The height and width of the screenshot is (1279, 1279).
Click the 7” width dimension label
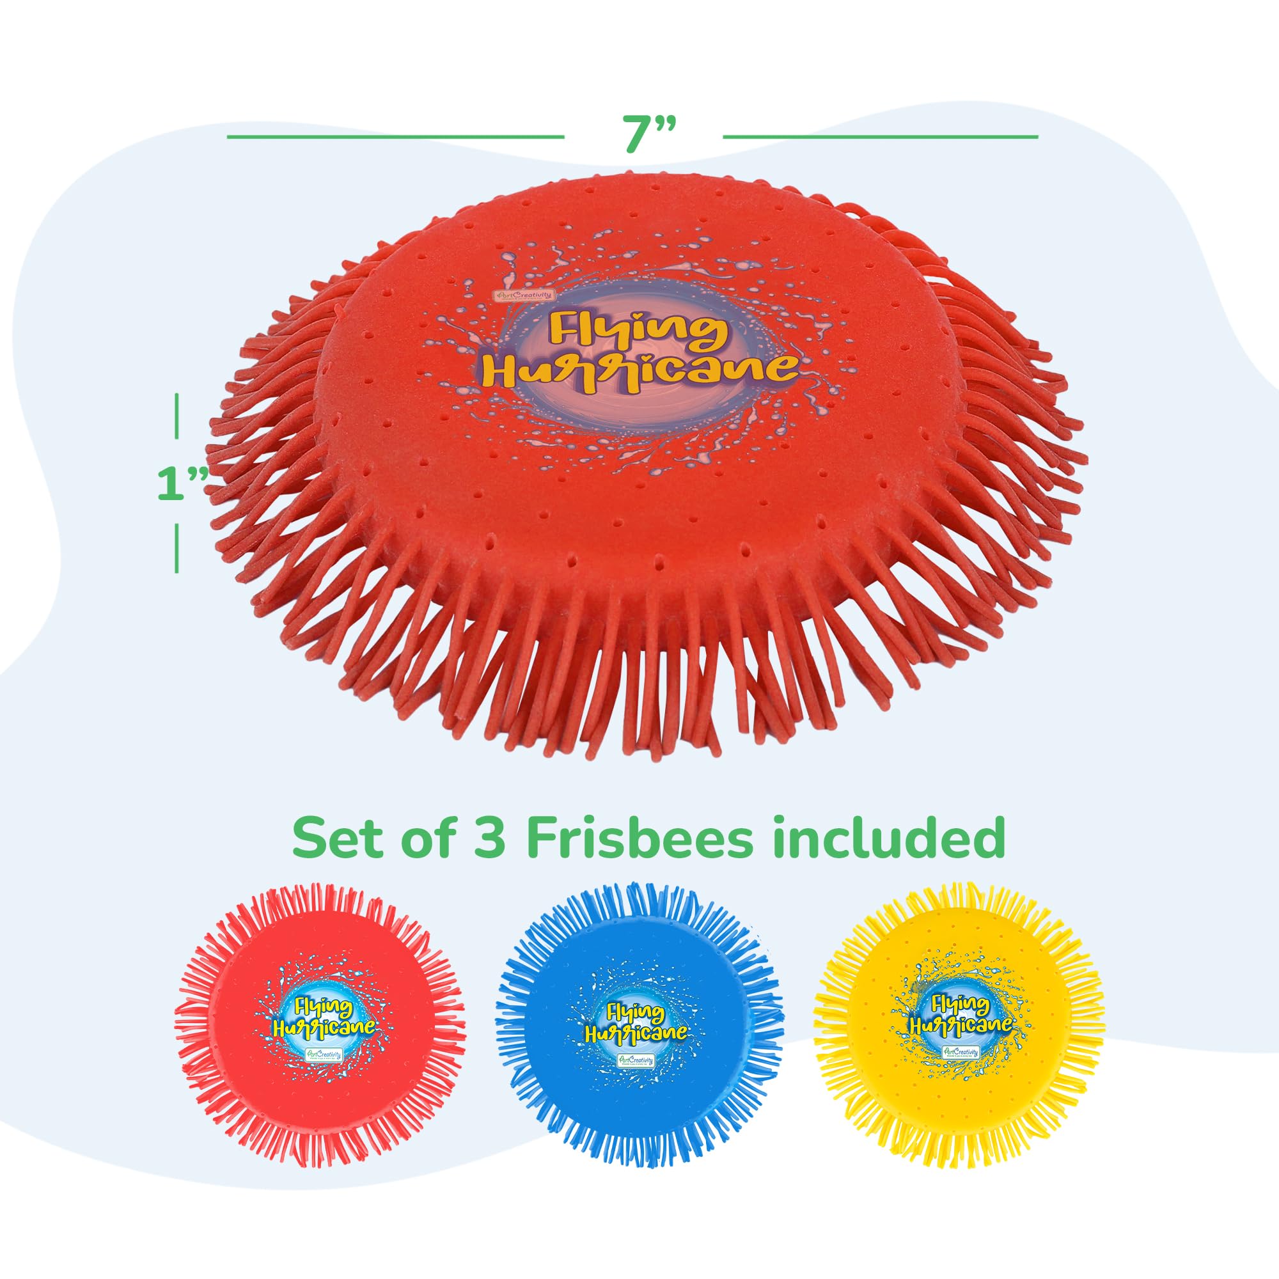642,136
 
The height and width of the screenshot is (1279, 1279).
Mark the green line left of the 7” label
395,137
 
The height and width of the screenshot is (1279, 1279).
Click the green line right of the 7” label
880,137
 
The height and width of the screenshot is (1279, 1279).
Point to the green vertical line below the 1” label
177,549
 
